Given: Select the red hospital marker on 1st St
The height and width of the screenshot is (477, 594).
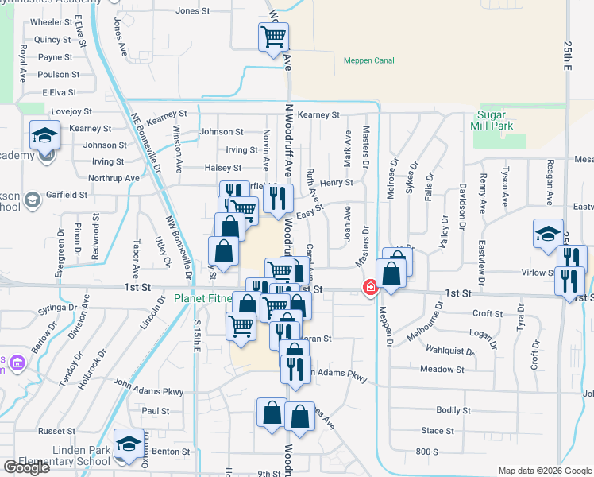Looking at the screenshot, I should [369, 287].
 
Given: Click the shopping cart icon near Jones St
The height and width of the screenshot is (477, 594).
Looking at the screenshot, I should [273, 36].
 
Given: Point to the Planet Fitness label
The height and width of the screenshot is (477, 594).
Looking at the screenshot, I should [203, 299].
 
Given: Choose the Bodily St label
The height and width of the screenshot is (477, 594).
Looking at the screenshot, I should [453, 410].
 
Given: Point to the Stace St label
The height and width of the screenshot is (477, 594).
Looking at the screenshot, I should [438, 431].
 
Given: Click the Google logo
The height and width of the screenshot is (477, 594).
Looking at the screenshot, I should [26, 467].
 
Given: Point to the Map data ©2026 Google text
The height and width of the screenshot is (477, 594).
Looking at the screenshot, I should [544, 471].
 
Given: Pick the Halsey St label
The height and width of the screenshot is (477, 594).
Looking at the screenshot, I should [223, 168].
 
